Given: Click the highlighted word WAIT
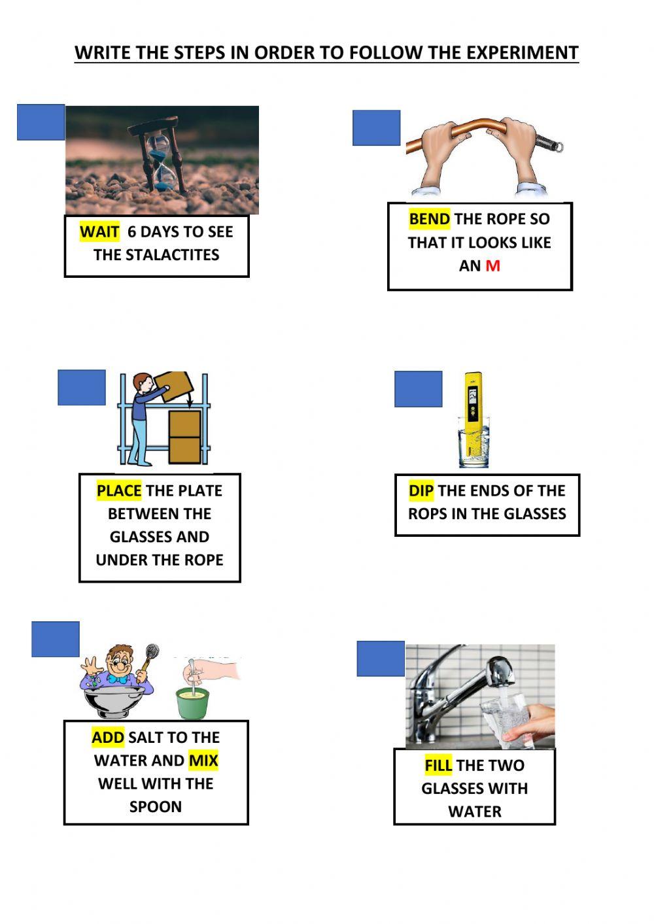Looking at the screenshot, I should tap(99, 231).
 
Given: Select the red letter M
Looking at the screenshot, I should tap(492, 265).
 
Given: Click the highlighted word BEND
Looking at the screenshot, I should tap(429, 219).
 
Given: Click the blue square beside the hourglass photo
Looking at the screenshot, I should tap(41, 122).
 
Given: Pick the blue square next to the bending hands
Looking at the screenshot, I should tap(376, 128).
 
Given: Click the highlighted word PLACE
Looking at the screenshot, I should tap(119, 490).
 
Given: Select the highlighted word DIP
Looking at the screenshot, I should tap(421, 490).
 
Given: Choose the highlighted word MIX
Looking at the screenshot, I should tap(203, 760).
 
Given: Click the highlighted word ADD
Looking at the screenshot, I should tap(108, 737).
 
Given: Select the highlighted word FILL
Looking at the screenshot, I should tap(438, 765).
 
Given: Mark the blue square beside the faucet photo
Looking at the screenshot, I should tap(381, 659).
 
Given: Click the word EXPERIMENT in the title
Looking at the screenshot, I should tap(513, 52).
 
